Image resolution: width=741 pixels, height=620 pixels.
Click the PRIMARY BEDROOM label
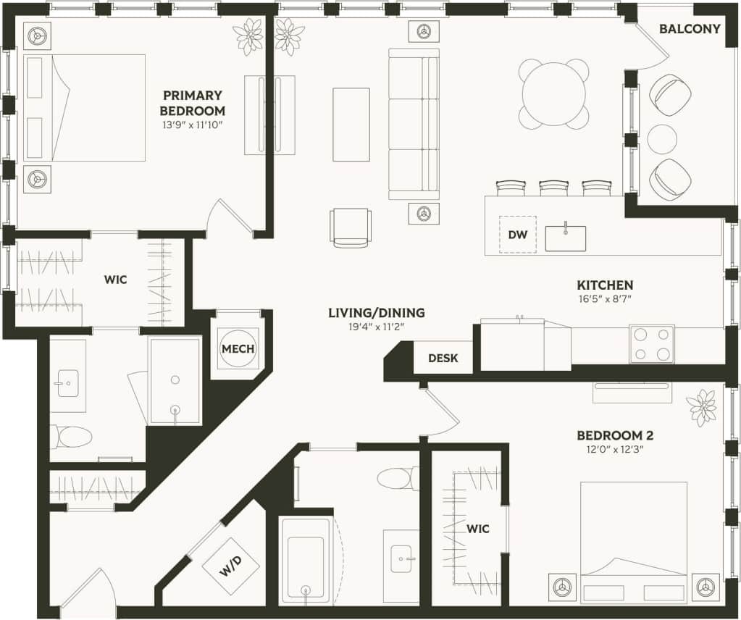(192, 103)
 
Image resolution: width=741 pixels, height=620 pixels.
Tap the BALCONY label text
(690, 29)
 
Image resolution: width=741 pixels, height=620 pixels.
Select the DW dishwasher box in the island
(517, 235)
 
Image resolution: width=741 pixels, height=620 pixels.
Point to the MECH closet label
(238, 348)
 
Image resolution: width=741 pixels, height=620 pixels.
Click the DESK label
(443, 358)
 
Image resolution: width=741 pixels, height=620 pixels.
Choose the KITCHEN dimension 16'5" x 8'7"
(605, 298)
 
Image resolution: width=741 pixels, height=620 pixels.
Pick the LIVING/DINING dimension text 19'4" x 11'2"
(376, 327)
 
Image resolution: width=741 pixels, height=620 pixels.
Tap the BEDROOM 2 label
(615, 435)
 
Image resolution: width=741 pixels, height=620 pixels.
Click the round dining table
(553, 94)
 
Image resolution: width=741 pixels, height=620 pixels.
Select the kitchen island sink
(565, 238)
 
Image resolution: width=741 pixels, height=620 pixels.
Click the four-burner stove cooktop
(651, 344)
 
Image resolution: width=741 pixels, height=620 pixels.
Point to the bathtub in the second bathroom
(306, 561)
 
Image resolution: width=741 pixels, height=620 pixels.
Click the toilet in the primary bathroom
(72, 437)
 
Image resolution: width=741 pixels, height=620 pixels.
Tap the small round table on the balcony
(662, 139)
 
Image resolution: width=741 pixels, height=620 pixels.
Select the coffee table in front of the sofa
(351, 125)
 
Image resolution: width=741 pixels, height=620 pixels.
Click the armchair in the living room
(351, 227)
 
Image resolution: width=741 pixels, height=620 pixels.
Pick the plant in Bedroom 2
(701, 407)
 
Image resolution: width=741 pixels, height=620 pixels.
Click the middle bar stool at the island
(553, 188)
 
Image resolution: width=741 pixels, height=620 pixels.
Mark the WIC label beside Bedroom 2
(478, 529)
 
